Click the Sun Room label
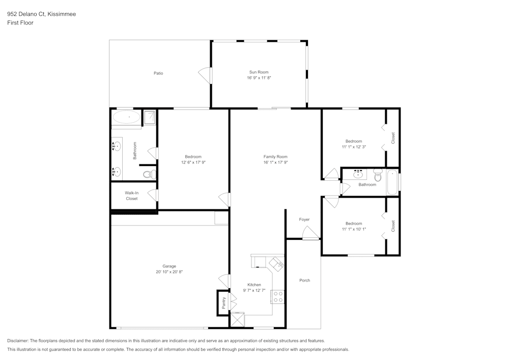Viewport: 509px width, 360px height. coord(259,72)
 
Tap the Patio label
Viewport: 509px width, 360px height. coord(158,73)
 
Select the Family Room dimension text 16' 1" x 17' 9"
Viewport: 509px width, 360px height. coord(275,162)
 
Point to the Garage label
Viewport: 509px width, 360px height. coord(169,266)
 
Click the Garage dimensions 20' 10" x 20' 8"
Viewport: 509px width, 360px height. coord(169,272)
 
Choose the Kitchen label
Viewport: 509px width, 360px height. coord(254,285)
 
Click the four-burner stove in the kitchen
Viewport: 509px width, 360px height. coord(278,297)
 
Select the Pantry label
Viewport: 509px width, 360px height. coord(223,303)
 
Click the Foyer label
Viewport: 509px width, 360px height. coord(304,219)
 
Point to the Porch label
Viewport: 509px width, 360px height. coord(304,280)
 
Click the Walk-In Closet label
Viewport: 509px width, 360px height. coord(132,196)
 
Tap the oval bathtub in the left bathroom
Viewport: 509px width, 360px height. coord(126,117)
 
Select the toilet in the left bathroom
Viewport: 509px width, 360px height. coord(150,175)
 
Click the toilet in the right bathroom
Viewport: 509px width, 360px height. coord(378,175)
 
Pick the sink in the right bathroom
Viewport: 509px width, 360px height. coord(358,174)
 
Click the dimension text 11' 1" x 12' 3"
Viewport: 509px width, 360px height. coord(354,147)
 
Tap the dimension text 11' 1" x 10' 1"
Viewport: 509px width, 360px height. coord(354,229)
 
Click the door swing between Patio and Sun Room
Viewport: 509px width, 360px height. coord(205,75)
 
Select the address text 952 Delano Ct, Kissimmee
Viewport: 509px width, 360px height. coord(42,14)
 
